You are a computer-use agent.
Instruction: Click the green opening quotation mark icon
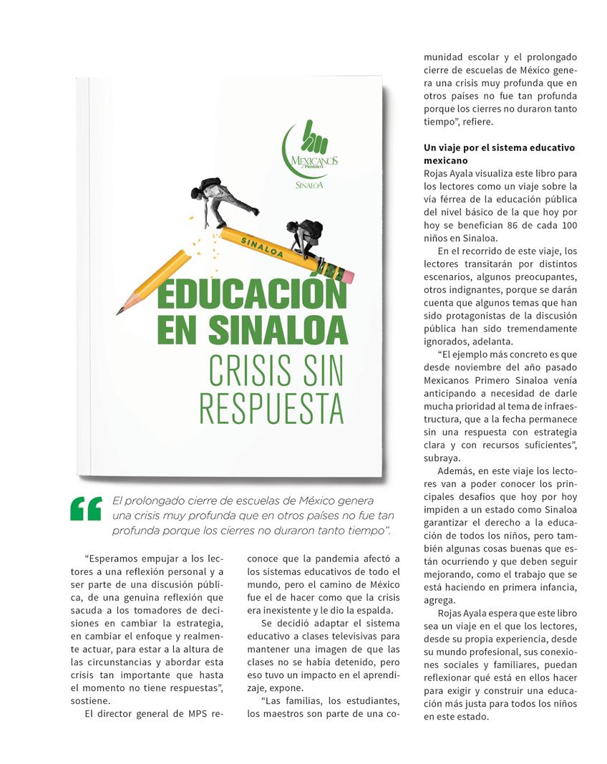[86, 508]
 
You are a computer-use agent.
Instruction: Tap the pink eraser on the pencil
[346, 276]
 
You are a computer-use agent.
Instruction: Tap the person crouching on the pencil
[305, 237]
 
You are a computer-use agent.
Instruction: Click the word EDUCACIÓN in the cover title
[252, 294]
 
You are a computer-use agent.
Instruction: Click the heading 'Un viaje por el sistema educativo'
[499, 148]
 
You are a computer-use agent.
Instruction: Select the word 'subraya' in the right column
[442, 458]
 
